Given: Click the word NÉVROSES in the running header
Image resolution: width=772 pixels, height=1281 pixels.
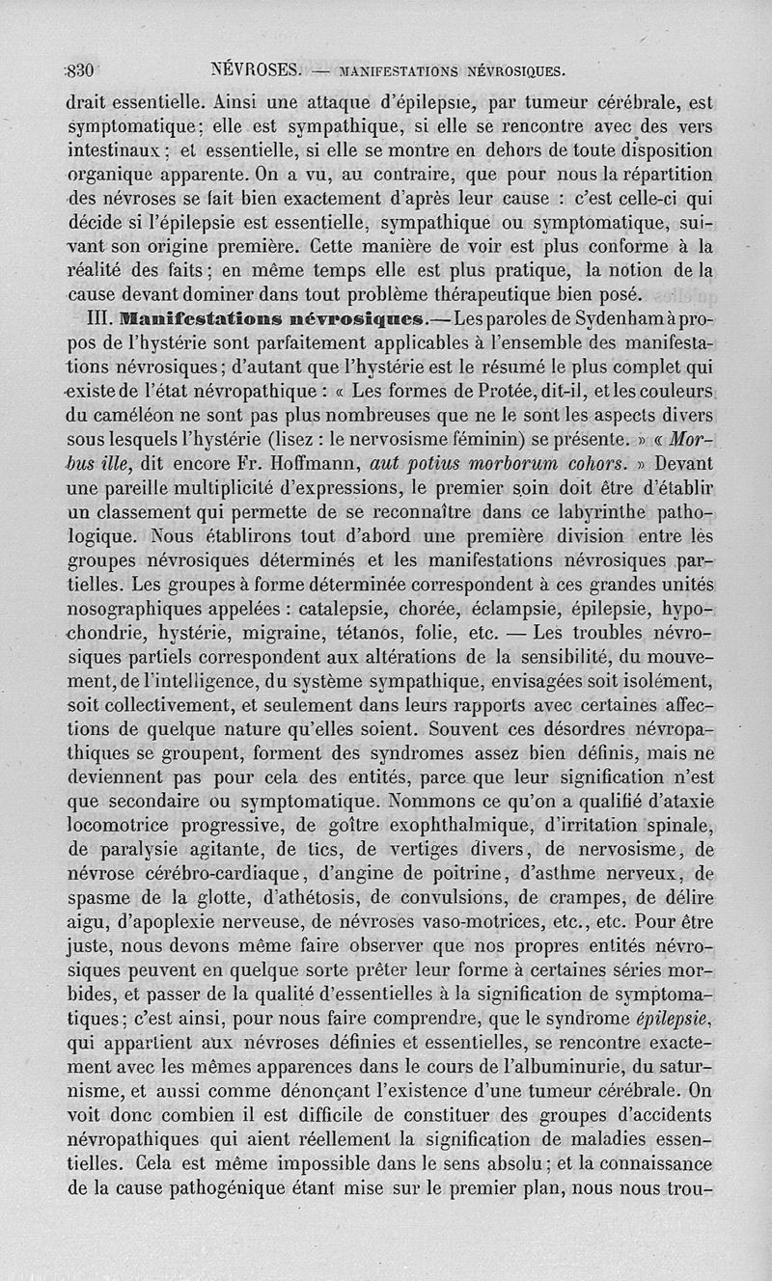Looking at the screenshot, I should point(257,70).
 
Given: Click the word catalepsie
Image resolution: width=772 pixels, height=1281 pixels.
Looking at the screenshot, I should point(356,610).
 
